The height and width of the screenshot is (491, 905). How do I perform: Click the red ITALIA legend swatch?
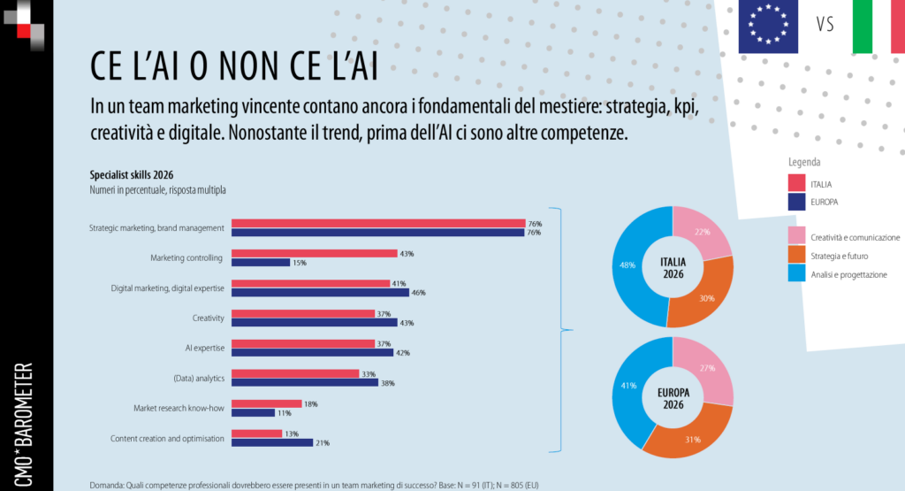[x=795, y=183]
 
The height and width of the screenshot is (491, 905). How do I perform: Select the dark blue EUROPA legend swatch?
[x=795, y=202]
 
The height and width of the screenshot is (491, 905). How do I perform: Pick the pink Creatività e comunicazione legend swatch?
[x=795, y=237]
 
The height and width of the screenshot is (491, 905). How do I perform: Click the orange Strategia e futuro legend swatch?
[x=795, y=256]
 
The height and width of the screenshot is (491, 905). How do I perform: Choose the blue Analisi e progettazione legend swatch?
[x=795, y=274]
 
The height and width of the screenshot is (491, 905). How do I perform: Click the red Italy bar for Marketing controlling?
[x=314, y=253]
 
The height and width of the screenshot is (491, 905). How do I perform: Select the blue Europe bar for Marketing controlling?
[x=261, y=263]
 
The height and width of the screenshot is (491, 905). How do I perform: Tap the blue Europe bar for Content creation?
[x=272, y=442]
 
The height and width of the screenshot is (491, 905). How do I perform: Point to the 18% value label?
[x=310, y=403]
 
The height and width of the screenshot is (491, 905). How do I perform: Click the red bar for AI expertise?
[x=303, y=343]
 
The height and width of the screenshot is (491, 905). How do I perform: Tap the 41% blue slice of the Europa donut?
[x=629, y=386]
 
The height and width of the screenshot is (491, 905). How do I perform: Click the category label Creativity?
[x=208, y=318]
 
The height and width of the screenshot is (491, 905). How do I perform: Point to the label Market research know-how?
[x=179, y=408]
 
